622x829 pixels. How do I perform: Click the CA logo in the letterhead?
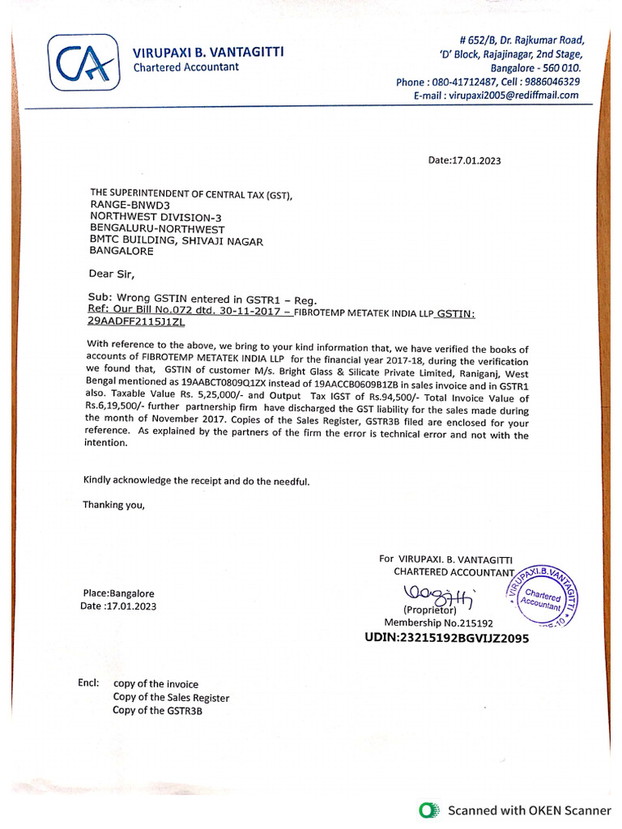(83, 62)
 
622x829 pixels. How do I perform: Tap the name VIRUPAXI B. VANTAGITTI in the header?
(208, 53)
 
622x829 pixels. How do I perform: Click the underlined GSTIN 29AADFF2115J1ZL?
(136, 321)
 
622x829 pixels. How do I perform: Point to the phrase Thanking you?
(114, 505)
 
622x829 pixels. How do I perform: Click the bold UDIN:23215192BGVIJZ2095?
(446, 638)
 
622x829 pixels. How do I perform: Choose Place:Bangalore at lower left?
(118, 593)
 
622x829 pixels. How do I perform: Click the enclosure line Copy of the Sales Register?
(171, 697)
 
